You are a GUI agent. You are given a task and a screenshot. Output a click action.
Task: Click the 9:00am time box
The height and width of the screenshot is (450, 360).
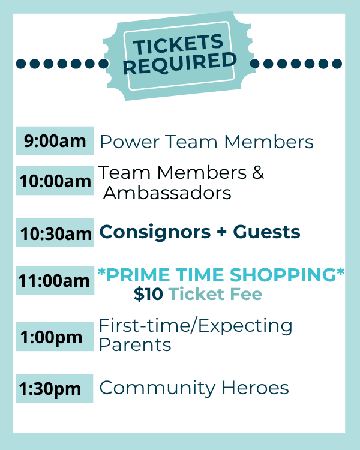pyautogui.click(x=55, y=141)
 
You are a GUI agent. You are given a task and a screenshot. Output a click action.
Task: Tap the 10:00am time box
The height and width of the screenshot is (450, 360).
pyautogui.click(x=55, y=181)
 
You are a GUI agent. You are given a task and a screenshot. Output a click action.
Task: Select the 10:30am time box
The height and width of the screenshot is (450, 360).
pyautogui.click(x=55, y=232)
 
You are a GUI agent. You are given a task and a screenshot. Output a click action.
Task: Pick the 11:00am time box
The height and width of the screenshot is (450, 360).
pyautogui.click(x=55, y=280)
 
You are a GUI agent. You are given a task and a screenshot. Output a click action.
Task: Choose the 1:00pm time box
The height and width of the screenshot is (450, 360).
pyautogui.click(x=55, y=337)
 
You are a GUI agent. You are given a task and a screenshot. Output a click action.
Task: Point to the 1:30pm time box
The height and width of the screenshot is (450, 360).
pyautogui.click(x=55, y=388)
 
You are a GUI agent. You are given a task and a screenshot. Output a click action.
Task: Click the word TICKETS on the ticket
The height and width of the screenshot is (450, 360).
pyautogui.click(x=178, y=44)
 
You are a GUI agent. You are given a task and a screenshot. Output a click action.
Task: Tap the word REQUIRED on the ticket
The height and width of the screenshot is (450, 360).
pyautogui.click(x=180, y=64)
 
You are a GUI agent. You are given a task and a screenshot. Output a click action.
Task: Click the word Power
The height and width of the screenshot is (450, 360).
pyautogui.click(x=130, y=142)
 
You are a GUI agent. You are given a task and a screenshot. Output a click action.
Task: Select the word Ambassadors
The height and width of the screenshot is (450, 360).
pyautogui.click(x=167, y=193)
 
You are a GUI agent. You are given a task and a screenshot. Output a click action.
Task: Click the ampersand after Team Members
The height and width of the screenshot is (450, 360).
pyautogui.click(x=258, y=172)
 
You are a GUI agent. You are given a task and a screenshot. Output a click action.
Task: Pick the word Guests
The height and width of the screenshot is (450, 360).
pyautogui.click(x=266, y=232)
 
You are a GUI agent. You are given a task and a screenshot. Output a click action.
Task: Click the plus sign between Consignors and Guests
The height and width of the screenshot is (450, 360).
pyautogui.click(x=221, y=232)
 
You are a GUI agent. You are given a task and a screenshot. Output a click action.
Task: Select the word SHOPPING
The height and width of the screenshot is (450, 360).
pyautogui.click(x=283, y=275)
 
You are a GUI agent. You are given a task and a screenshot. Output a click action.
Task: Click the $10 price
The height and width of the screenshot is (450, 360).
pyautogui.click(x=148, y=294)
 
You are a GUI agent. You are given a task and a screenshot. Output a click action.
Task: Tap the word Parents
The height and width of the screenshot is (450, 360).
pyautogui.click(x=135, y=344)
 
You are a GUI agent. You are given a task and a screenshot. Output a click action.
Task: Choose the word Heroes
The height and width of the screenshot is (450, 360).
pyautogui.click(x=255, y=388)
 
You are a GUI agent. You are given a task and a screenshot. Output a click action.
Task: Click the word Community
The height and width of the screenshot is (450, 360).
pyautogui.click(x=157, y=389)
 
